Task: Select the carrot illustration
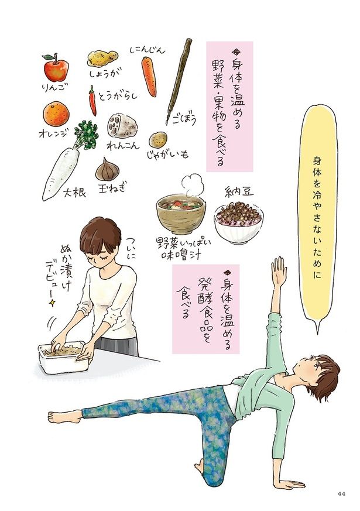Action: pos(149,77)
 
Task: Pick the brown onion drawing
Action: pos(107,169)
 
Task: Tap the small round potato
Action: pos(158,139)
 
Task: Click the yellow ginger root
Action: pos(102,59)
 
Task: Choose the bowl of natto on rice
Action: pos(239,222)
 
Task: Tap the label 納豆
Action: pos(239,191)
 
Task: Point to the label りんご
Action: pos(53,88)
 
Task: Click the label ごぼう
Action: pos(186,119)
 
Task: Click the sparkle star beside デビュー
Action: pos(52,303)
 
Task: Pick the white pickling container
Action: pos(64,358)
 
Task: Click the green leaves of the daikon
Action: pos(85,134)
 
